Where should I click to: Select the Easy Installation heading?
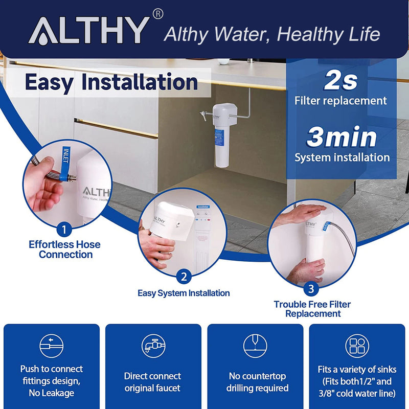pyautogui.click(x=111, y=82)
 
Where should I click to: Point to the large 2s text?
pyautogui.click(x=340, y=80)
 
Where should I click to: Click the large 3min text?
pyautogui.click(x=342, y=137)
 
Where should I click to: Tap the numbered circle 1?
pyautogui.click(x=63, y=228)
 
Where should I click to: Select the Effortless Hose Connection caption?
pyautogui.click(x=65, y=249)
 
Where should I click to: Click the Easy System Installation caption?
pyautogui.click(x=184, y=293)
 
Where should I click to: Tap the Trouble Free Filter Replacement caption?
pyautogui.click(x=312, y=309)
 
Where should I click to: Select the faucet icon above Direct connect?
pyautogui.click(x=152, y=346)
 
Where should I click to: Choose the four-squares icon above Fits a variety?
pyautogui.click(x=357, y=346)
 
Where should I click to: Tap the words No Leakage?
pyautogui.click(x=51, y=393)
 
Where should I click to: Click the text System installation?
pyautogui.click(x=342, y=157)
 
